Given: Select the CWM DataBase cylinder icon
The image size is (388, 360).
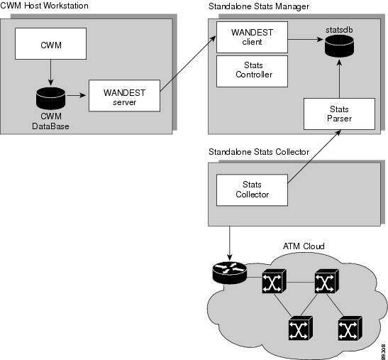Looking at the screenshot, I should click(50, 94).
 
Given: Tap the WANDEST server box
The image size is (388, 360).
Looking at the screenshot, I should click(123, 95).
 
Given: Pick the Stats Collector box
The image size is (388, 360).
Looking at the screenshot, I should click(252, 190).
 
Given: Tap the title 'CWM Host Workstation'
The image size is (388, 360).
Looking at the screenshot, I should click(44, 6).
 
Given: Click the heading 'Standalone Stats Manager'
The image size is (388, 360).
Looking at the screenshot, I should click(259, 6).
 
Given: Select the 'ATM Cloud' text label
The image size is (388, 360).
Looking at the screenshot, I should click(303, 246).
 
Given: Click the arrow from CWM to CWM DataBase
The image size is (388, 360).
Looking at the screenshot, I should click(50, 71).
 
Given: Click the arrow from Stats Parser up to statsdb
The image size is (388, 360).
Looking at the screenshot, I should click(338, 80).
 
